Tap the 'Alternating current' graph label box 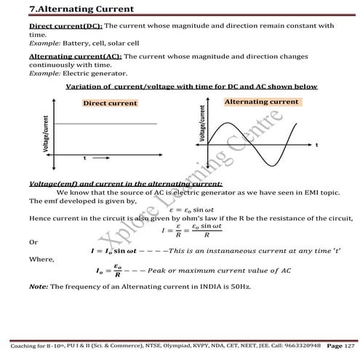pos(261,103)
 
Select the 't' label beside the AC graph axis pos(316,145)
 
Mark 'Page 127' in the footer pos(342,344)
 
